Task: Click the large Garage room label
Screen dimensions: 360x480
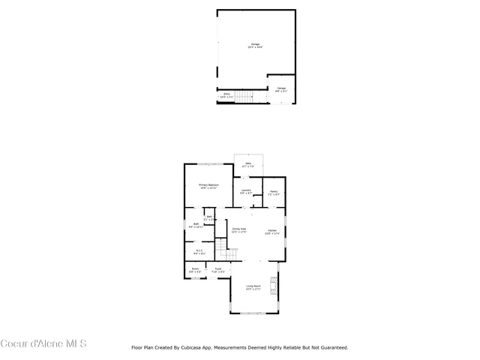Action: (255, 46)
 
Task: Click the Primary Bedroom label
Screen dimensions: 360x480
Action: (208, 186)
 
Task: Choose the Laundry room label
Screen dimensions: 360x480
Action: (246, 191)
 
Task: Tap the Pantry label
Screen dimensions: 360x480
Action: (274, 191)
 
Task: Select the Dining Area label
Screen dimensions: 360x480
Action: (238, 230)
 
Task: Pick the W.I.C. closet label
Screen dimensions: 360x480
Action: (199, 252)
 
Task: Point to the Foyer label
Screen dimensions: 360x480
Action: (218, 270)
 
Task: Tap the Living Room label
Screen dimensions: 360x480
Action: (254, 287)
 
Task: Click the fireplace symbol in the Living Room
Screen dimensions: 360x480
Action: (274, 286)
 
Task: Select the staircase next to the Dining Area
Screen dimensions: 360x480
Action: (221, 250)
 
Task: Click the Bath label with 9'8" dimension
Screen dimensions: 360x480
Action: (196, 225)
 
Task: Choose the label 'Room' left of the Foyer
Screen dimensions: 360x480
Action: (195, 270)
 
